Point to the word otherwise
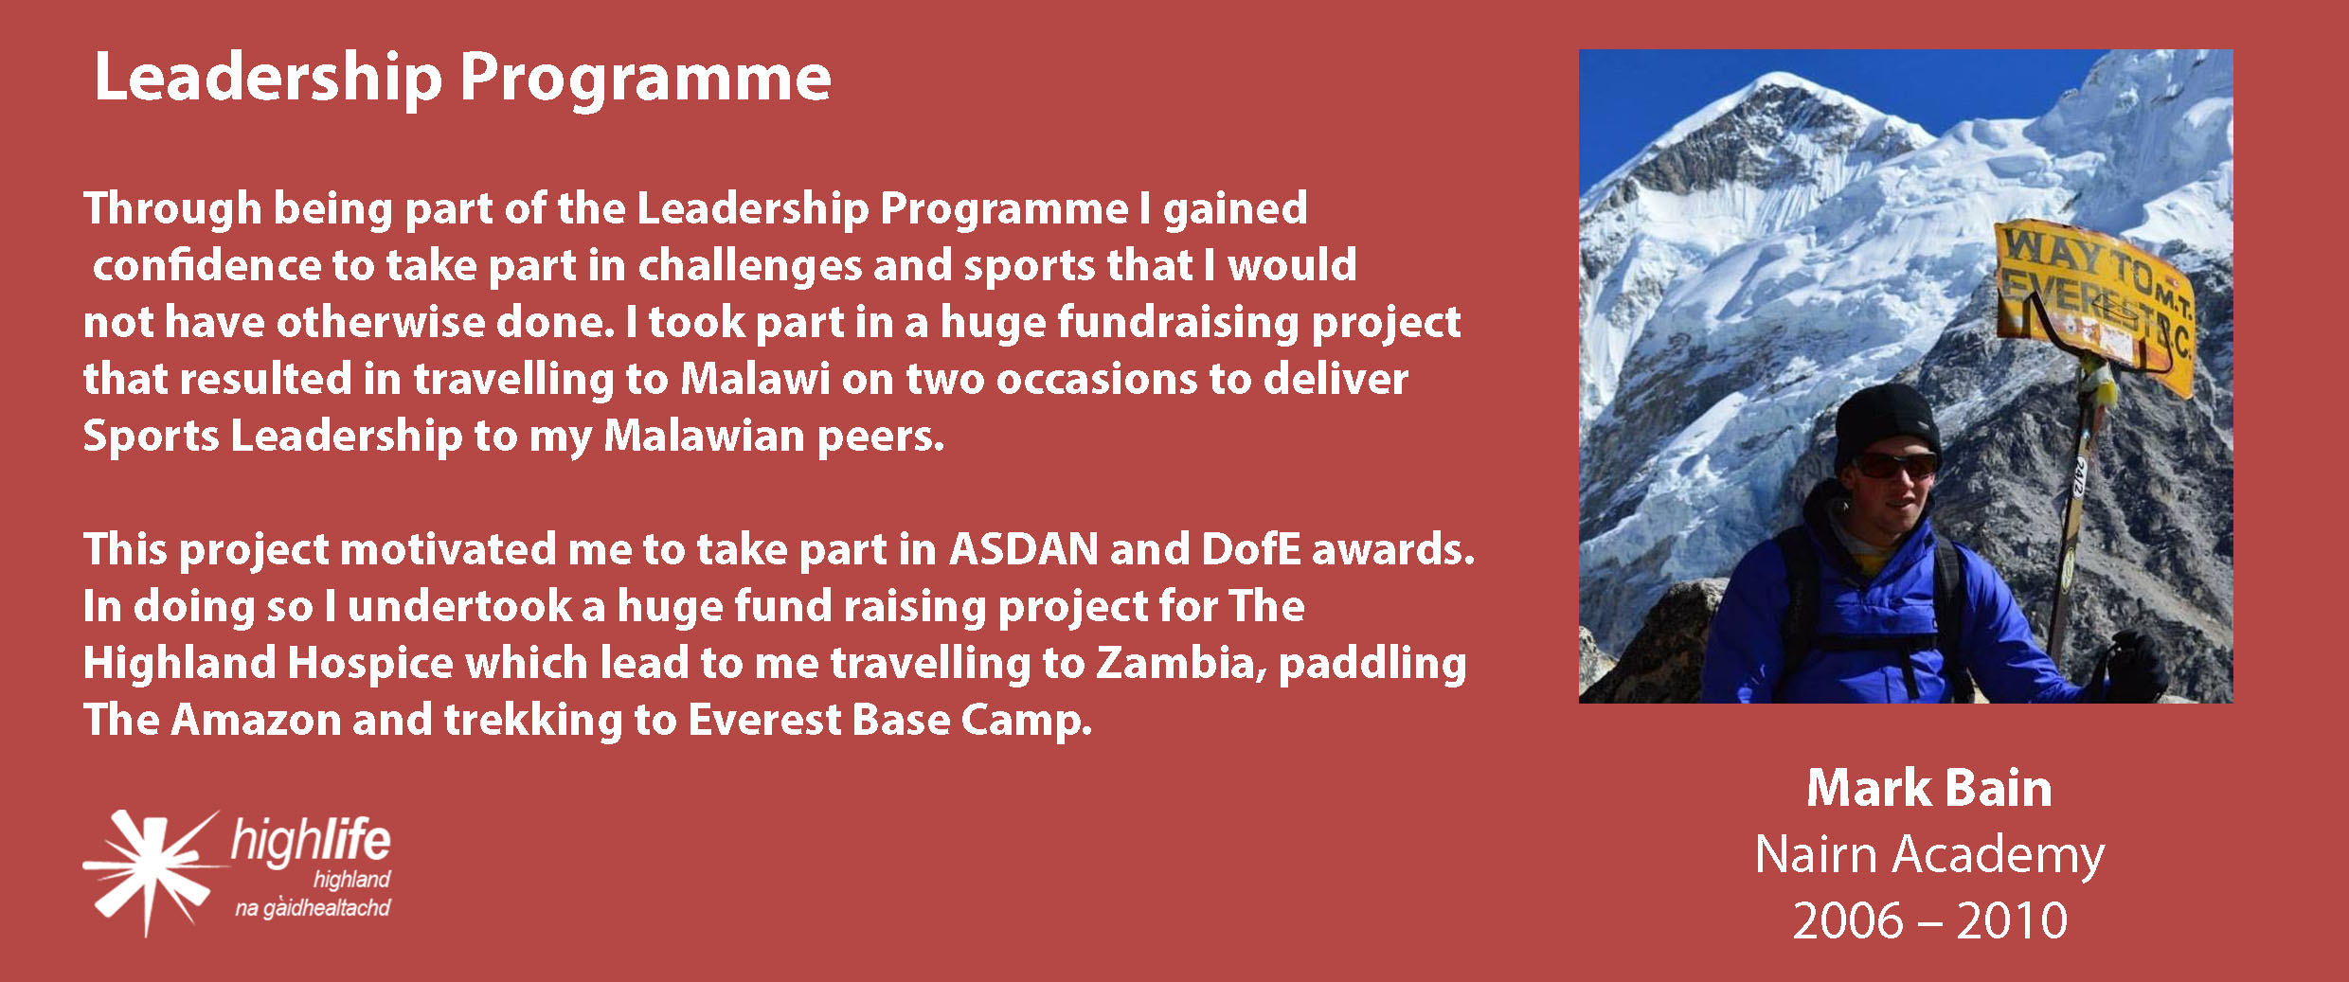(381, 321)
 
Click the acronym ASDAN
(1024, 548)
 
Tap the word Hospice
(370, 664)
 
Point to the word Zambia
(1182, 664)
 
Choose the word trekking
(533, 721)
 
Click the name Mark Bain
(1928, 788)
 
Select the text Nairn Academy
(1929, 856)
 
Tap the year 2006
(1848, 920)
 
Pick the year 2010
(2012, 920)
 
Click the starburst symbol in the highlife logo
(152, 869)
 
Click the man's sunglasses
(1892, 466)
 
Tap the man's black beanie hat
(1887, 422)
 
